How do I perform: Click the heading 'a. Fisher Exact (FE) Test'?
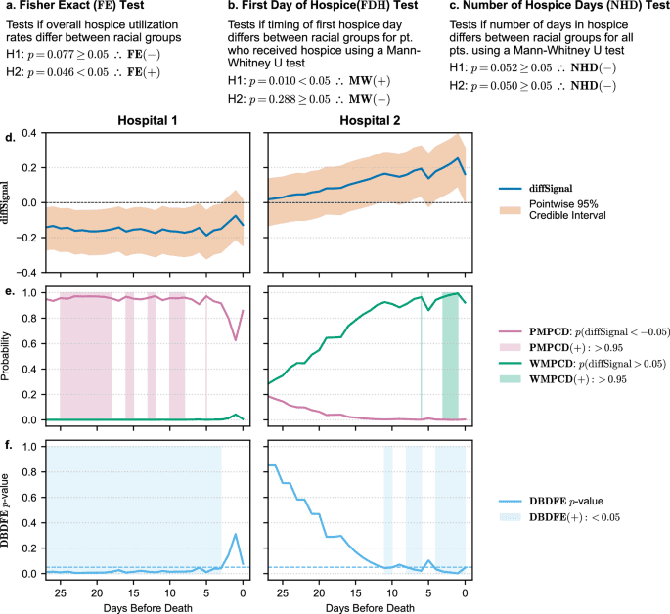click(x=80, y=10)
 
